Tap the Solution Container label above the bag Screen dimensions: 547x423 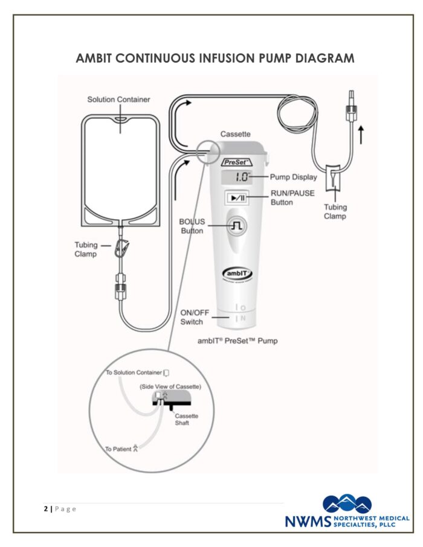point(118,99)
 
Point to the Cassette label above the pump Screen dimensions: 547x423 point(235,134)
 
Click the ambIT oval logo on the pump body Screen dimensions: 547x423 point(237,273)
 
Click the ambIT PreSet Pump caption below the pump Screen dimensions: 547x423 point(237,341)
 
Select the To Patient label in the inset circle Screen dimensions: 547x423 point(121,449)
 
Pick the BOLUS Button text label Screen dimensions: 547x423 point(193,226)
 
